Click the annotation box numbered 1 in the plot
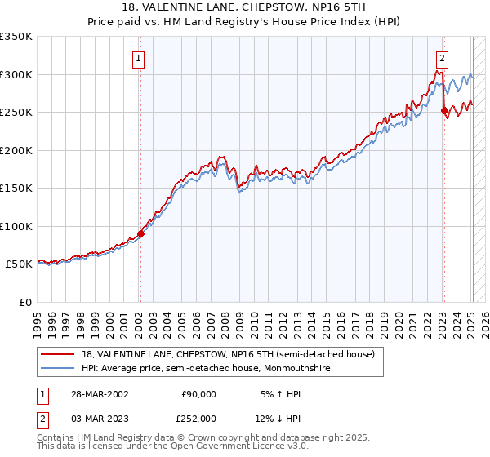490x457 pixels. click(140, 58)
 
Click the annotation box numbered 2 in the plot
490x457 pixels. click(442, 58)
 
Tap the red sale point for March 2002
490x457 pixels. click(140, 233)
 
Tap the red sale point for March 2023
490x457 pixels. click(444, 111)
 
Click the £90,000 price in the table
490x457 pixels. click(198, 394)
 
